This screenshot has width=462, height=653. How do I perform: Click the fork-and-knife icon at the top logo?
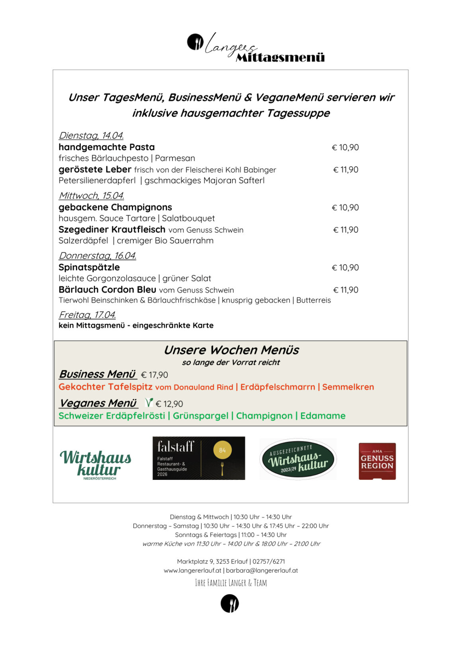(195, 42)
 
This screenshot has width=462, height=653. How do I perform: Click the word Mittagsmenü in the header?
(280, 58)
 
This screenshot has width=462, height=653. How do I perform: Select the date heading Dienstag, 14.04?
(91, 136)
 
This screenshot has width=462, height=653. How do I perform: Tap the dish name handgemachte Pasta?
(107, 147)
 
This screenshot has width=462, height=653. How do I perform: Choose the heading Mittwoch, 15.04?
(92, 196)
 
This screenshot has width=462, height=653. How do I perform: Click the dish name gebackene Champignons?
(115, 207)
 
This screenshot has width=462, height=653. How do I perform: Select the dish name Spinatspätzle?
(89, 267)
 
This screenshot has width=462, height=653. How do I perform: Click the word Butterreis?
(313, 300)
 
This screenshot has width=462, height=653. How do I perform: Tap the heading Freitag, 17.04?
(88, 315)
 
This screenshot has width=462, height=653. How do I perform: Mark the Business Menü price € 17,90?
(155, 375)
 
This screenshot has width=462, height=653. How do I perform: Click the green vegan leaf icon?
(149, 403)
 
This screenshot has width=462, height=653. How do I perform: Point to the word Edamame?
(323, 416)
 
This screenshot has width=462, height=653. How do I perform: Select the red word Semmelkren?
(348, 387)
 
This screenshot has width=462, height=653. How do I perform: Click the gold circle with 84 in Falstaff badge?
(222, 450)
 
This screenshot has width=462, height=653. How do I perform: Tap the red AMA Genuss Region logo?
(377, 461)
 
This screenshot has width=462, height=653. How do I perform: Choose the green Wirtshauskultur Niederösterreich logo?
(96, 464)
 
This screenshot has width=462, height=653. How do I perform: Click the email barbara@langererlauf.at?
(262, 571)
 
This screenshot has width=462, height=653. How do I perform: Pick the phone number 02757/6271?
(269, 561)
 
